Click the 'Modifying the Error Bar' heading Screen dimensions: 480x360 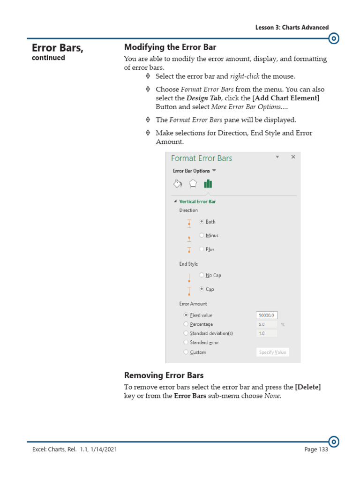(x=170, y=47)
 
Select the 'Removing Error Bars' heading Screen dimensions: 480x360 (x=164, y=375)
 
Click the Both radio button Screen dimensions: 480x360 (x=202, y=222)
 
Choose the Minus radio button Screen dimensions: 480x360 (x=202, y=235)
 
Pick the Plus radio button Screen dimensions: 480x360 (x=202, y=249)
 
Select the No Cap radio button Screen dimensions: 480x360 (x=202, y=275)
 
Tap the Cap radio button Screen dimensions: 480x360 (x=202, y=289)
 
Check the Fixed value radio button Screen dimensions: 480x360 (x=186, y=315)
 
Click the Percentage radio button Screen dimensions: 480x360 (x=186, y=324)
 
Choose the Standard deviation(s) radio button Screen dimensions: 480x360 (x=186, y=333)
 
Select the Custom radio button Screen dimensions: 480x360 (x=186, y=352)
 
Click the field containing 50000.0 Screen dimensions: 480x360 (x=267, y=315)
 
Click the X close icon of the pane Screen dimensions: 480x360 (x=293, y=157)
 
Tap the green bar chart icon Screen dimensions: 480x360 (x=208, y=184)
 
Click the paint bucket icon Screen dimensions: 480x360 (x=178, y=184)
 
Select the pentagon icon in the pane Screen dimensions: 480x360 (x=193, y=184)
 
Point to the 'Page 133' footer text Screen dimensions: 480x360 (x=316, y=449)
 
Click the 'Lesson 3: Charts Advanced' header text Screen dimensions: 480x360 (x=292, y=27)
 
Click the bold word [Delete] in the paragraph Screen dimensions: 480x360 (x=307, y=387)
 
